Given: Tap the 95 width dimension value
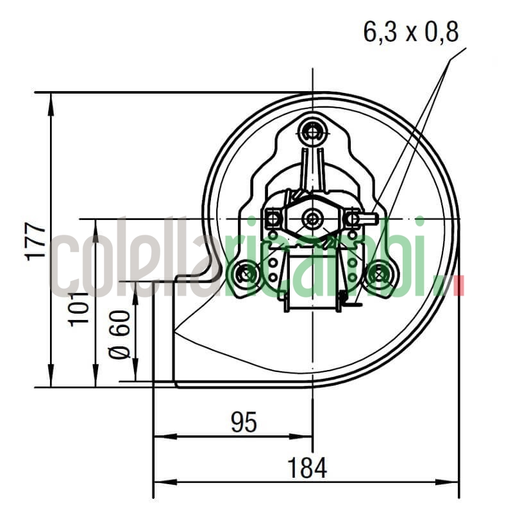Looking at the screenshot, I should point(244,422).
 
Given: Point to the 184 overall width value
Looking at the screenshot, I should point(307,467).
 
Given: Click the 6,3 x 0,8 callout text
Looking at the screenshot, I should point(411,31).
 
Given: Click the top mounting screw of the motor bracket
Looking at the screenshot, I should point(313,132).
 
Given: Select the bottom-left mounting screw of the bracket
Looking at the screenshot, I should point(246,274).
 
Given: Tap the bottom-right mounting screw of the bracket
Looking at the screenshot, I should point(380,274).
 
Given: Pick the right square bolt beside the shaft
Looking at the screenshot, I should point(351,219).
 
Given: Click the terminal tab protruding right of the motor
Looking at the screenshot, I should point(369,219).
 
